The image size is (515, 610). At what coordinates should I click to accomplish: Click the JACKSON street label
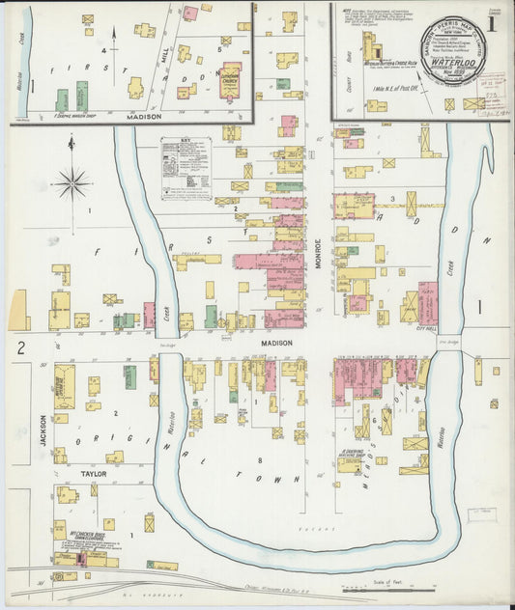(43, 430)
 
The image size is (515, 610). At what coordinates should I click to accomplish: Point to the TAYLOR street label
(93, 475)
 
